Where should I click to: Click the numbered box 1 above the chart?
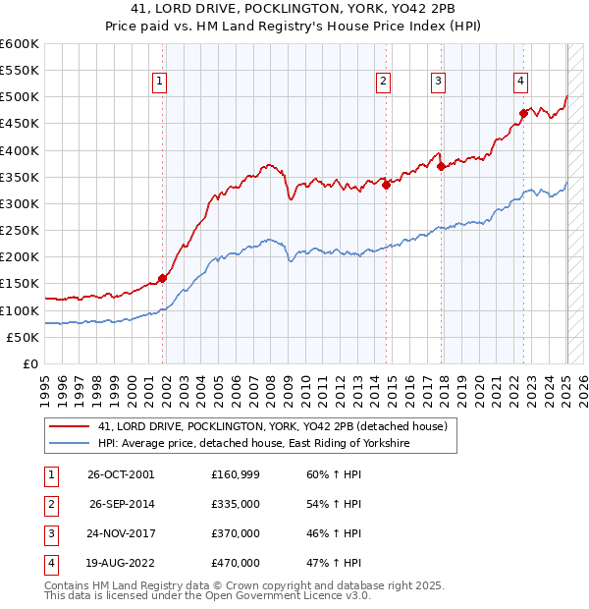tap(159, 82)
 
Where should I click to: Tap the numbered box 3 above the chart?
tap(438, 82)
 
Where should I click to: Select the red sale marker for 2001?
tap(163, 278)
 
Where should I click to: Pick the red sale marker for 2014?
tap(386, 185)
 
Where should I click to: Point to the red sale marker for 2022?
tap(523, 113)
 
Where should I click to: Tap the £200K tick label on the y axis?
tap(19, 257)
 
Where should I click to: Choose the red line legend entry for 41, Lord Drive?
tap(273, 426)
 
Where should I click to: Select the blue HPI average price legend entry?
tap(253, 444)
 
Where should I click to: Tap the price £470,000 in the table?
tap(236, 563)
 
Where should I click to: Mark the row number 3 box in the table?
tap(49, 533)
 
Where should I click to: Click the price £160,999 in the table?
tap(236, 474)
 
